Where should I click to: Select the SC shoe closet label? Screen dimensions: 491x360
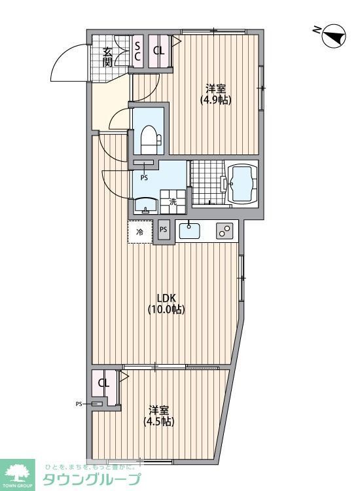tap(137, 51)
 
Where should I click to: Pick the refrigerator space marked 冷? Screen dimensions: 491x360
tap(139, 232)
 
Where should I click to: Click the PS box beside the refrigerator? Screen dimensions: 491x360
tap(163, 230)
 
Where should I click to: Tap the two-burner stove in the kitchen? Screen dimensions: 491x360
tap(225, 230)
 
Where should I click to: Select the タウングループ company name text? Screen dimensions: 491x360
tap(92, 480)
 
